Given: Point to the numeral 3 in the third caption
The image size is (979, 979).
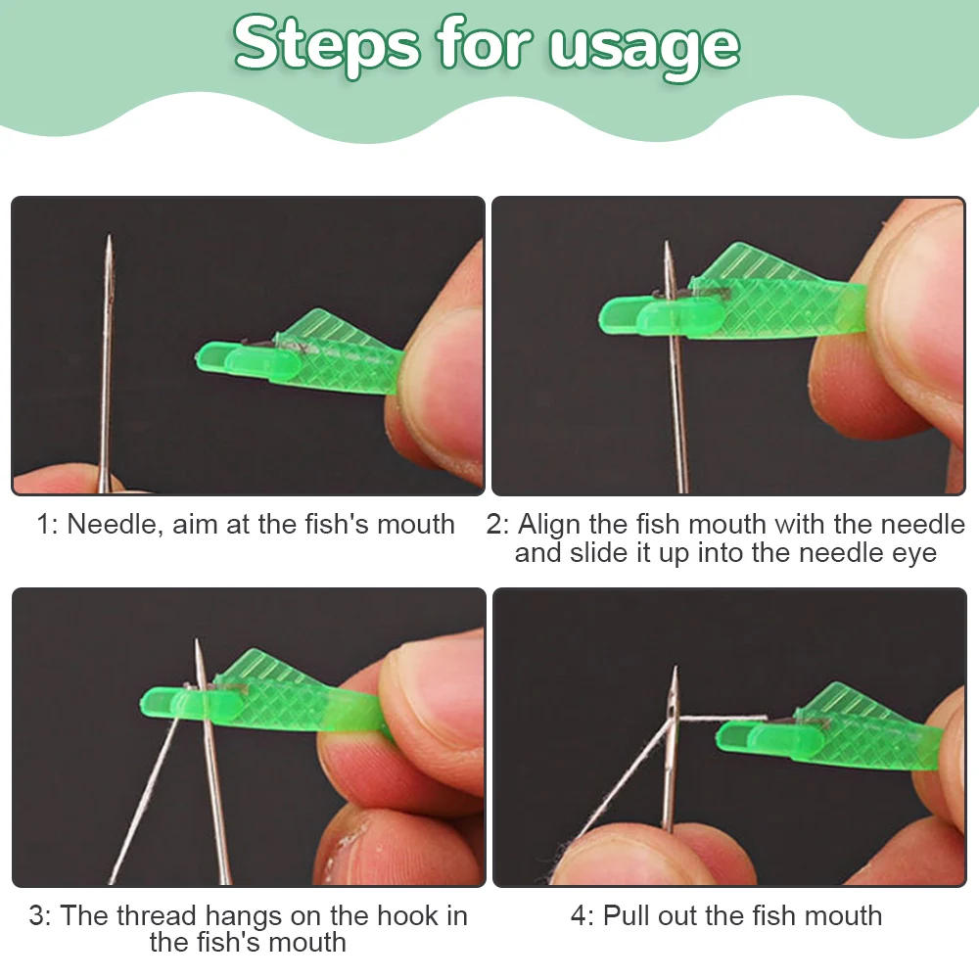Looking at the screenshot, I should click(37, 916).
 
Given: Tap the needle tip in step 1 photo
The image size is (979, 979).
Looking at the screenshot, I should click(110, 239).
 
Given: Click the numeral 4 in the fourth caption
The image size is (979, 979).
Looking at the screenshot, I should click(579, 916).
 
